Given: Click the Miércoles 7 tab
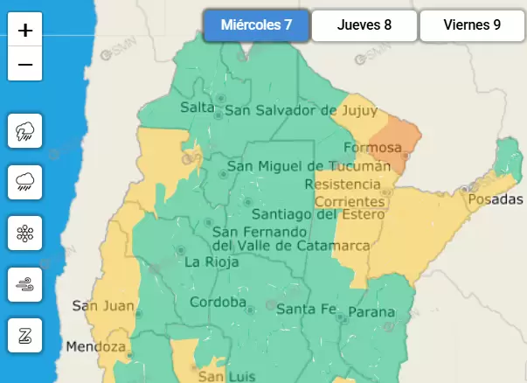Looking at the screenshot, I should click(256, 25).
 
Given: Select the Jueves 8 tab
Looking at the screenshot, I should click(364, 25).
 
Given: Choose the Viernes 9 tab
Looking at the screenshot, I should click(472, 25).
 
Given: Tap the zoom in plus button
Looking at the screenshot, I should click(25, 31).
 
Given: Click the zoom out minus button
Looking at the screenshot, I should click(25, 65).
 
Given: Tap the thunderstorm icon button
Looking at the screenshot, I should click(25, 132).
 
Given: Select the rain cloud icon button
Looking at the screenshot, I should click(25, 182).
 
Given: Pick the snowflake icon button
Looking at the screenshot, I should click(25, 233).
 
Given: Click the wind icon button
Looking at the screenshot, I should click(25, 283).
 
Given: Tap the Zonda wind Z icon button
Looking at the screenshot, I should click(25, 334).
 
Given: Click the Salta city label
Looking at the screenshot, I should click(197, 108).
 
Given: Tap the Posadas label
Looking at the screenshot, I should click(496, 200).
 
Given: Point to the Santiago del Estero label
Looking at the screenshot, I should click(318, 214).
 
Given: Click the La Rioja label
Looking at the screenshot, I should click(206, 261).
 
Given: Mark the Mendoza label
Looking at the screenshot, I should click(96, 346).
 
